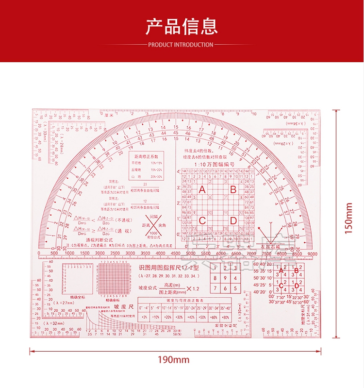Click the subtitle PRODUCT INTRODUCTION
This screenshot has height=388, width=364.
click(x=181, y=45)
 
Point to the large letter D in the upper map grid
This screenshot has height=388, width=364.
click(x=233, y=221)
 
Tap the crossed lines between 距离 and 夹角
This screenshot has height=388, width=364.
click(x=154, y=226)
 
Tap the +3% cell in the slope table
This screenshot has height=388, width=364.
click(x=144, y=317)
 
